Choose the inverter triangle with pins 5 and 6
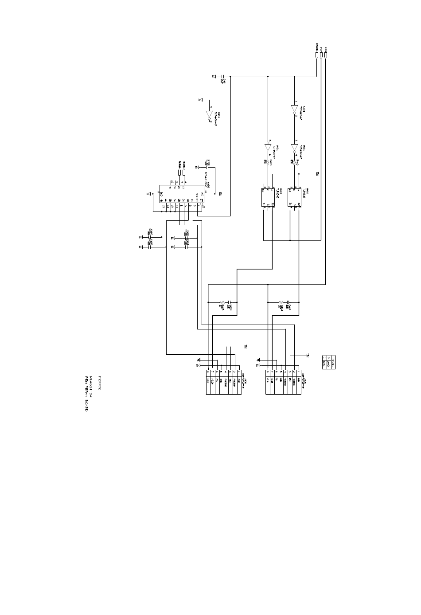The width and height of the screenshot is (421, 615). (x=268, y=147)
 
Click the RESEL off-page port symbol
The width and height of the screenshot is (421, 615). (x=316, y=55)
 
